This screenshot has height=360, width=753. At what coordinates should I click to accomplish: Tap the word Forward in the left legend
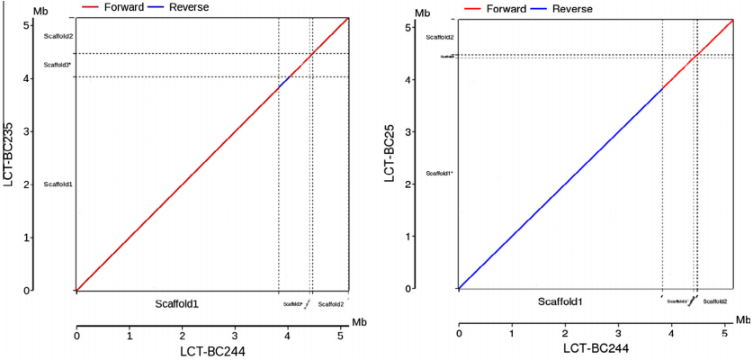124,7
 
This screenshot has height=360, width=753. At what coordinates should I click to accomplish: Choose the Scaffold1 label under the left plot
176,304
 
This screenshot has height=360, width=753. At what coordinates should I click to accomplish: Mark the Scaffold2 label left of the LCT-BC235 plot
58,36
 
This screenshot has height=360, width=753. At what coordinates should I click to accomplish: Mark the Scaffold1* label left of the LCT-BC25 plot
439,173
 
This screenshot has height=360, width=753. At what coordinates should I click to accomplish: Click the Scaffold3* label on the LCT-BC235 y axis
58,65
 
